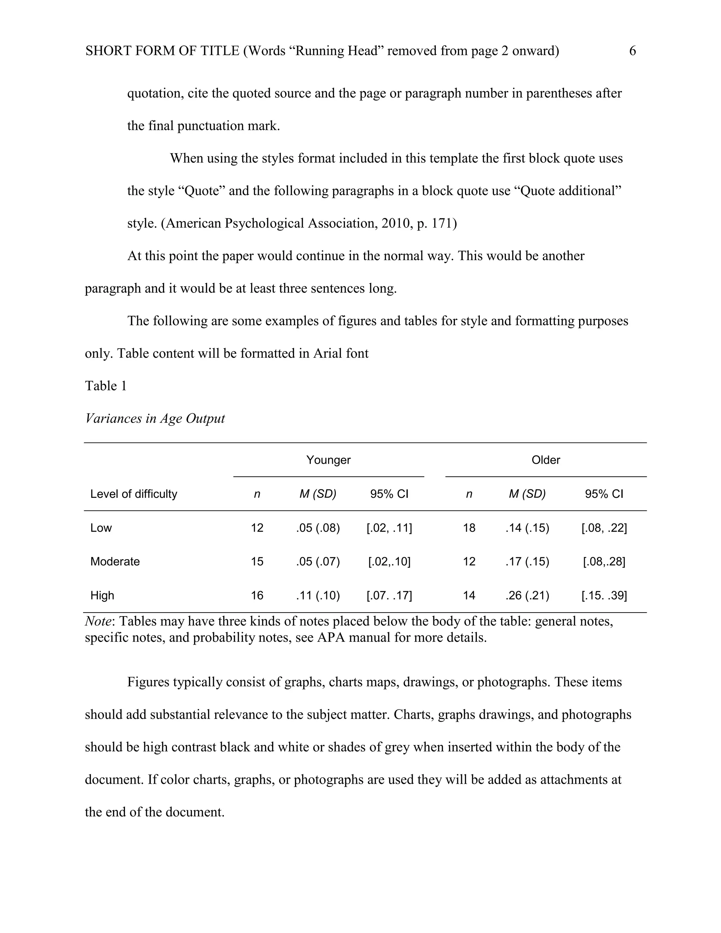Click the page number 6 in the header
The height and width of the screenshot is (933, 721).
tap(632, 51)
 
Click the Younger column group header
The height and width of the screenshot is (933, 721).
tap(328, 460)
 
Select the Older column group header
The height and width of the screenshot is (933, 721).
tap(545, 460)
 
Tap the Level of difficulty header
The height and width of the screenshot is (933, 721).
tap(133, 494)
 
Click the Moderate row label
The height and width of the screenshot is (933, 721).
tap(114, 561)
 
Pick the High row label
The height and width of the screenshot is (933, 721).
tap(102, 595)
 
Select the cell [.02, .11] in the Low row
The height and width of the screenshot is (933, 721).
tap(389, 528)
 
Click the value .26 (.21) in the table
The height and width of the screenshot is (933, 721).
tap(527, 595)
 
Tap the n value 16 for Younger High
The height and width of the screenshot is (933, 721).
tap(257, 595)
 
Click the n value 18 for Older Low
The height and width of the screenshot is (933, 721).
tap(469, 528)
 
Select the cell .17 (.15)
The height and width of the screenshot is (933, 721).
tap(527, 561)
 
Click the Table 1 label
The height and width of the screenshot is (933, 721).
tap(106, 386)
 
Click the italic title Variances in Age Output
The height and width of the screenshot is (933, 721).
tap(155, 418)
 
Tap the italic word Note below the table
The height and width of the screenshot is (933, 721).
tap(98, 621)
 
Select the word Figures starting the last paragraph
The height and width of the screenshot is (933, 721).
tap(148, 682)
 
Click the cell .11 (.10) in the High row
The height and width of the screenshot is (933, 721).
tap(318, 595)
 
